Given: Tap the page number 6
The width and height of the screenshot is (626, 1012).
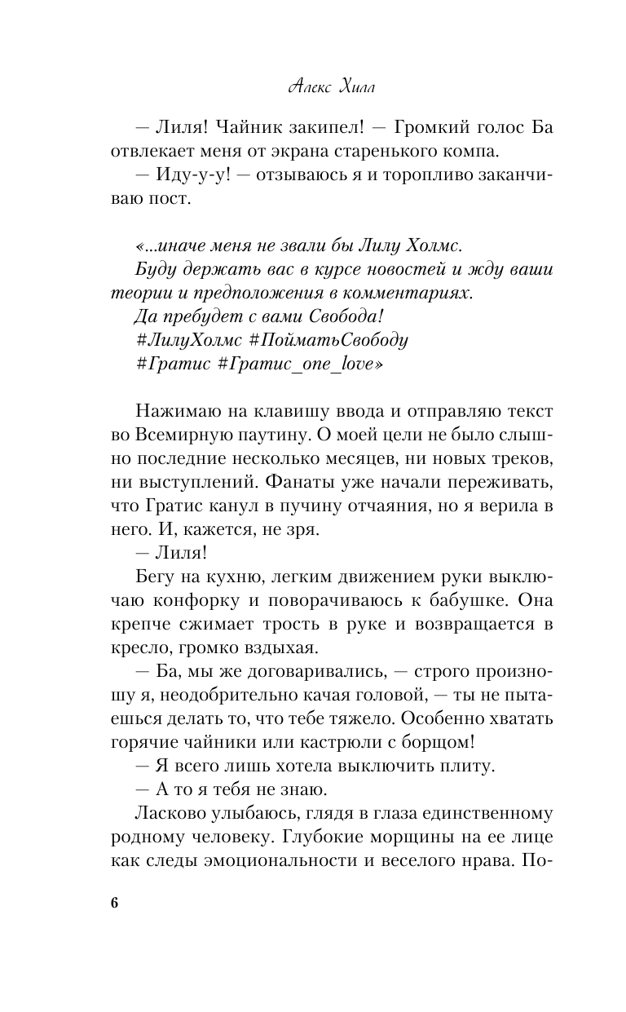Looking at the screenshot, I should [114, 906].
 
